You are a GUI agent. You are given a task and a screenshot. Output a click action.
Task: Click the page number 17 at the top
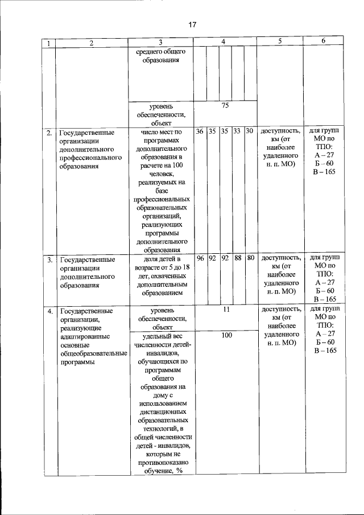point(192,24)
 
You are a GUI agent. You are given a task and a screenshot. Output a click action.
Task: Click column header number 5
point(280,42)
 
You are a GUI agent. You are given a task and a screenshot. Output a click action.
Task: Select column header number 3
point(161,43)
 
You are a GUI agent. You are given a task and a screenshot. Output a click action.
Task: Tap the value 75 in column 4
point(225,105)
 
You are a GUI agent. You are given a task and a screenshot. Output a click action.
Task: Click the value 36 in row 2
point(200,131)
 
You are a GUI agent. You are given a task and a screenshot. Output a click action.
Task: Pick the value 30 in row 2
point(249,131)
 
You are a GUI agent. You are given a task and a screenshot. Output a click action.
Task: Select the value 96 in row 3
point(200,258)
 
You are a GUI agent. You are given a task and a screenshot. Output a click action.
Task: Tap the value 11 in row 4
point(225,310)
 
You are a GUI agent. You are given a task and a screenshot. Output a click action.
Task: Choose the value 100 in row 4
point(226,336)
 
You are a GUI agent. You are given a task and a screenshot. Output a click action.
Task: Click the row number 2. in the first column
point(50,133)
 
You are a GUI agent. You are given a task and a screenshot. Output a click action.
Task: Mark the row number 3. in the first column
point(50,260)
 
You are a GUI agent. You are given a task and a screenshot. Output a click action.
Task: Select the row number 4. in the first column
point(50,311)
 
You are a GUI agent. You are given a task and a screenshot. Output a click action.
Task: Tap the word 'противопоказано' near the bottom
point(162,462)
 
